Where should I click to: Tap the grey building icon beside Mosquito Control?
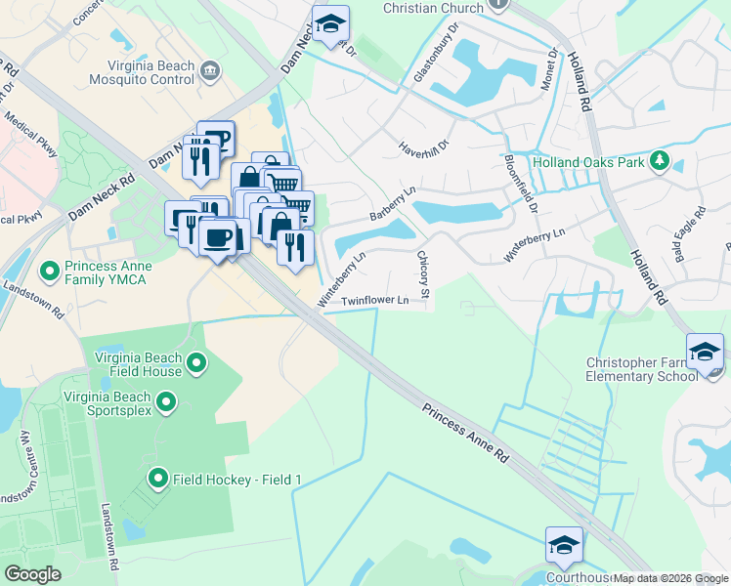coord(211,69)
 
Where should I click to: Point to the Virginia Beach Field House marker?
coord(196,364)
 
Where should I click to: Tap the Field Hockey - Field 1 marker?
coord(157,479)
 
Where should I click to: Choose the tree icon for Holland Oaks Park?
coord(661,161)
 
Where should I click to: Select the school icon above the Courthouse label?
coord(564,545)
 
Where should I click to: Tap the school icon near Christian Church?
coord(330,23)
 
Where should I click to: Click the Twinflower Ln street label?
coord(375,302)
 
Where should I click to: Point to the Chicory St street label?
coord(424,274)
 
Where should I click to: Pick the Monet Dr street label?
coord(549,69)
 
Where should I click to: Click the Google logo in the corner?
coord(32,574)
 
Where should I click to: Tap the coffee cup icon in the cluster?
coord(217,236)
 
